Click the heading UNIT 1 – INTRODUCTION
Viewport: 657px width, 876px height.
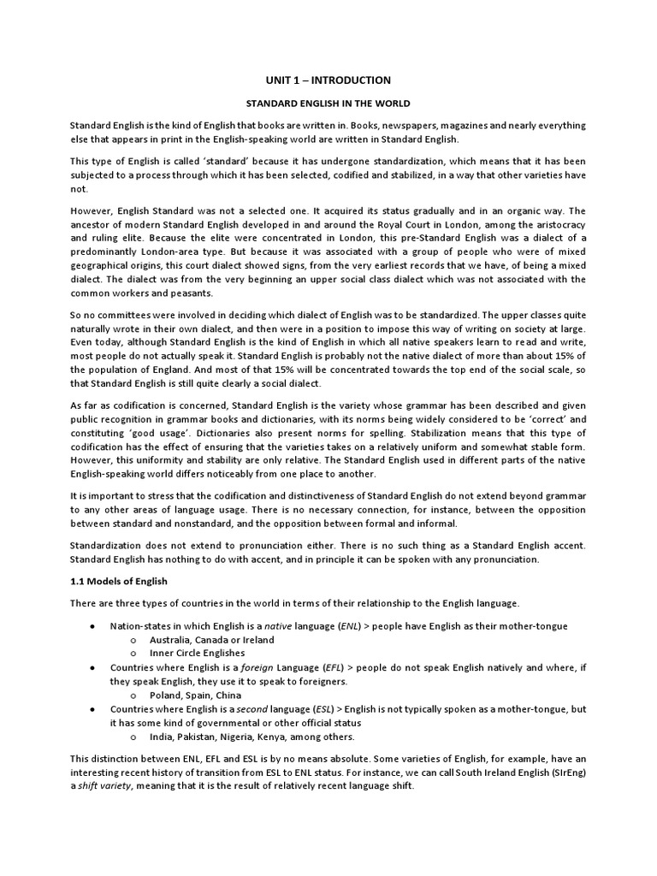pos(328,80)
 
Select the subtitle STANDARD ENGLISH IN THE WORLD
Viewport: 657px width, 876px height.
pos(328,104)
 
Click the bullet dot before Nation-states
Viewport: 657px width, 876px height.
pos(92,626)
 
